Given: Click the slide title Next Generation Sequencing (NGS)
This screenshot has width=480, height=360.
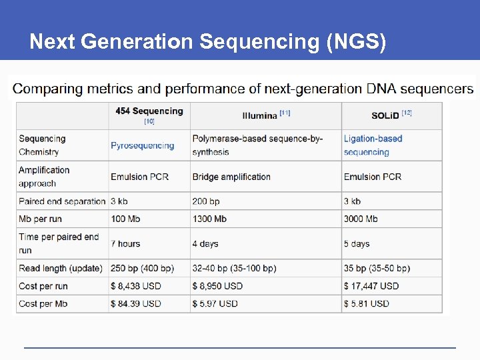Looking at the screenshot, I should point(207,42).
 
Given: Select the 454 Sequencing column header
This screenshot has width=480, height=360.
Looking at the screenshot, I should point(149,111).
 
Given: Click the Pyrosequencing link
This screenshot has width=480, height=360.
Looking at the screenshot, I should point(142,145).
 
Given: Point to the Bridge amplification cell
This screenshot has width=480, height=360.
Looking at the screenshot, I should point(231,177).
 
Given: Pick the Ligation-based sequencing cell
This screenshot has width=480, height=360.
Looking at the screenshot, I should point(373,145).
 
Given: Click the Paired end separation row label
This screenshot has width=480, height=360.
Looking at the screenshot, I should point(63,201).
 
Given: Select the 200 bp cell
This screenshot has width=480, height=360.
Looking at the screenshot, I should point(206,201).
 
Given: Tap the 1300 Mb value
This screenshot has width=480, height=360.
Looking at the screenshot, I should point(209,219).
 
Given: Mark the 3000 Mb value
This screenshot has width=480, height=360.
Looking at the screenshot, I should point(361,219).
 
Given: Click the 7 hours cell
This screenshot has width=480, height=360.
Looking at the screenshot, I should point(125,243).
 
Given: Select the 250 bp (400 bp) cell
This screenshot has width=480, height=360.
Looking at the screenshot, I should point(142,268).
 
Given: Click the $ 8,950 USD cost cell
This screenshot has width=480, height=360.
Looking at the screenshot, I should point(217,286).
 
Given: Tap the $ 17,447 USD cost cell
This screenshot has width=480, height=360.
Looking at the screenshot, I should point(371,286).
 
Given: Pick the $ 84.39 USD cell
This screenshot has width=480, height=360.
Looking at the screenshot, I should point(136,303).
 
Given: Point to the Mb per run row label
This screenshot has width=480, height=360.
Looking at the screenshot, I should point(44,219).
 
